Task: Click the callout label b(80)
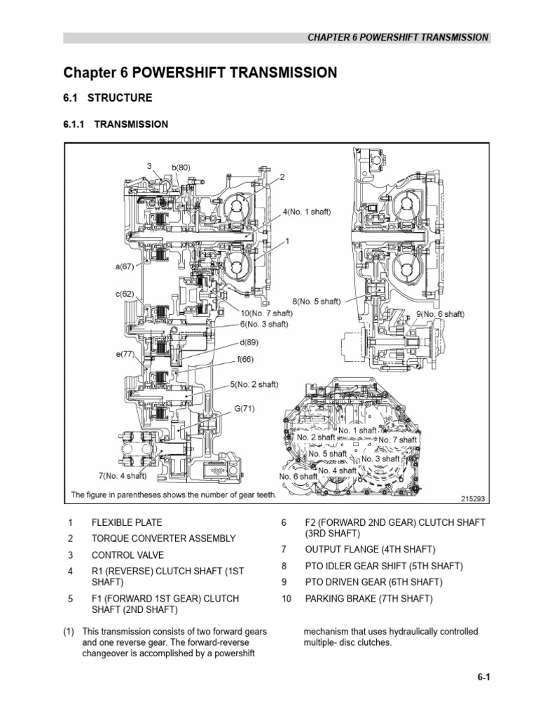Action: coord(181,168)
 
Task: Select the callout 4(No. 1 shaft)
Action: coord(307,211)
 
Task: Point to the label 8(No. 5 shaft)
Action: coord(317,301)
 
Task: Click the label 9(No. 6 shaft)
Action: coord(441,314)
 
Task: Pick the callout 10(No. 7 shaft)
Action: coord(266,313)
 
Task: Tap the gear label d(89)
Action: coord(249,344)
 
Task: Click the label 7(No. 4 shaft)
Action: coord(123,476)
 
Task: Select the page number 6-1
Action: coord(480,677)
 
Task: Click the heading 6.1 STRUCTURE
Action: coord(107,97)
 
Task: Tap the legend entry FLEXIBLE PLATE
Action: coord(127,522)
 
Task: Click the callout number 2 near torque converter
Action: coord(282,177)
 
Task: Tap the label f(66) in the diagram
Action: coord(245,360)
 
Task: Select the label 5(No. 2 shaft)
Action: coord(254,384)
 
